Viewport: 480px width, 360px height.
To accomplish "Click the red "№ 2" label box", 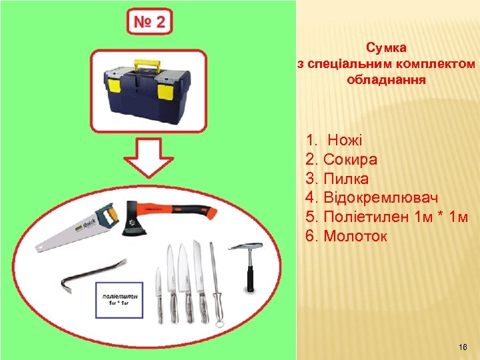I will coord(150,22).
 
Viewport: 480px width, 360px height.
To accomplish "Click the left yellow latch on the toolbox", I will coord(114,86).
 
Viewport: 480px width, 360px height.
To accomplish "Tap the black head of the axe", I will coord(133,224).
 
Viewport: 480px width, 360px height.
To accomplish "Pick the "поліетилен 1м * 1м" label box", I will coord(120,299).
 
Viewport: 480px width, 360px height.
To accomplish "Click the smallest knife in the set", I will coord(159,293).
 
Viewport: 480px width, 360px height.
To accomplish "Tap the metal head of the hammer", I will coord(245,247).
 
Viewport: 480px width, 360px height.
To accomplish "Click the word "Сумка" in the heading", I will coord(387,48).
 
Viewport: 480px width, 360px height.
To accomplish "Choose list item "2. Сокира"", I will coord(341,160).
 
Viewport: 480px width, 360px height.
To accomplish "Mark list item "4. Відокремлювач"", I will coord(371,198).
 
